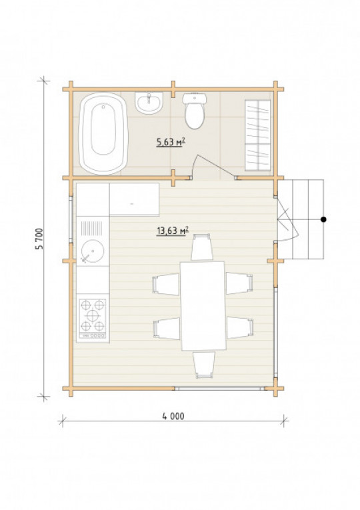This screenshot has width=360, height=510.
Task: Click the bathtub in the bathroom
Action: click(103, 133)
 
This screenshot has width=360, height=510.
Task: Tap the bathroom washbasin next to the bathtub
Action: click(149, 103)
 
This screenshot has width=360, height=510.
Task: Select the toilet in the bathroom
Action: click(195, 111)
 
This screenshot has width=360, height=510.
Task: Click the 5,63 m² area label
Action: click(171, 142)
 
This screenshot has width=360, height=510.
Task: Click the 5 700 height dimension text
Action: click(39, 239)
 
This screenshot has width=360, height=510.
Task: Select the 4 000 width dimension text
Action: click(173, 416)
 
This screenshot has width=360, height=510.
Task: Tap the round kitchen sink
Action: click(93, 251)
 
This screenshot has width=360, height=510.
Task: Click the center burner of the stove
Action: click(93, 315)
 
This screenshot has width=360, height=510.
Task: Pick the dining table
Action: click(203, 306)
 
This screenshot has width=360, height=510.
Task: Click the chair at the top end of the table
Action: click(202, 247)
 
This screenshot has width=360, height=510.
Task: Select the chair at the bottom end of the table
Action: click(204, 365)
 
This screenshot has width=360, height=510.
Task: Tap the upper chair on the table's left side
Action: click(166, 284)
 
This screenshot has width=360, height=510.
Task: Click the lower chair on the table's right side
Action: click(240, 327)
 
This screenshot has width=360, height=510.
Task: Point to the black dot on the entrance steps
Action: click(323, 219)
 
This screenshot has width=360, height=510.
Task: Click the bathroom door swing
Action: click(212, 167)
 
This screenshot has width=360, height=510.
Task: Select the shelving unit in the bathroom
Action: click(258, 135)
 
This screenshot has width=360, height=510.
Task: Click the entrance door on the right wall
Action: click(287, 219)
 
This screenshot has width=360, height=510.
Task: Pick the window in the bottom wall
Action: click(219, 388)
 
